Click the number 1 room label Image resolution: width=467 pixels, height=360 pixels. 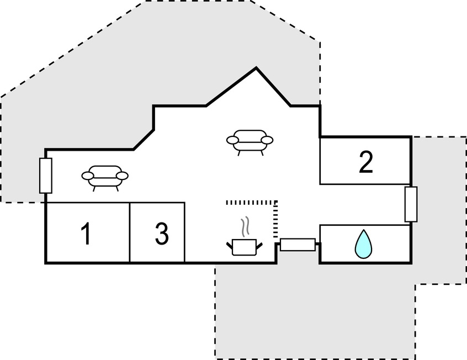pyautogui.click(x=86, y=234)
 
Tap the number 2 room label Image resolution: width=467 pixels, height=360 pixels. pyautogui.click(x=365, y=162)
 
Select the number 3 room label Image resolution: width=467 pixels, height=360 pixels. pyautogui.click(x=161, y=234)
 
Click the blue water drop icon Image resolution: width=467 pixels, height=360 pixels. pyautogui.click(x=362, y=244)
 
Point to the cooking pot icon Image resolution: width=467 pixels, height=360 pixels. pyautogui.click(x=245, y=246)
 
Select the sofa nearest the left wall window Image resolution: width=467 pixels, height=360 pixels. pyautogui.click(x=105, y=177)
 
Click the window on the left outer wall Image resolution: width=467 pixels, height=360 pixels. pyautogui.click(x=46, y=176)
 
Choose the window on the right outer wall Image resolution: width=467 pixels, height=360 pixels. pyautogui.click(x=411, y=204)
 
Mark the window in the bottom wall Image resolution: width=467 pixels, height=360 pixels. pyautogui.click(x=298, y=244)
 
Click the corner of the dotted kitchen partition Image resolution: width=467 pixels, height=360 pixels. pyautogui.click(x=275, y=203)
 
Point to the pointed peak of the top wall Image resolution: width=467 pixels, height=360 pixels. pyautogui.click(x=256, y=68)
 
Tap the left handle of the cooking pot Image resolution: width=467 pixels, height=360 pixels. pyautogui.click(x=230, y=244)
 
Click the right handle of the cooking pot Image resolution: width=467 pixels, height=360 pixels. pyautogui.click(x=259, y=244)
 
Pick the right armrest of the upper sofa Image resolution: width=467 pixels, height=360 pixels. pyautogui.click(x=267, y=140)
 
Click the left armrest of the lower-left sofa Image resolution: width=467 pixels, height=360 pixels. pyautogui.click(x=88, y=176)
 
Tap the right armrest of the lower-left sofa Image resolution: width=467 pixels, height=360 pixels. pyautogui.click(x=122, y=176)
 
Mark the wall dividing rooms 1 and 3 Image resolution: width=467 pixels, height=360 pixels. pyautogui.click(x=130, y=232)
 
